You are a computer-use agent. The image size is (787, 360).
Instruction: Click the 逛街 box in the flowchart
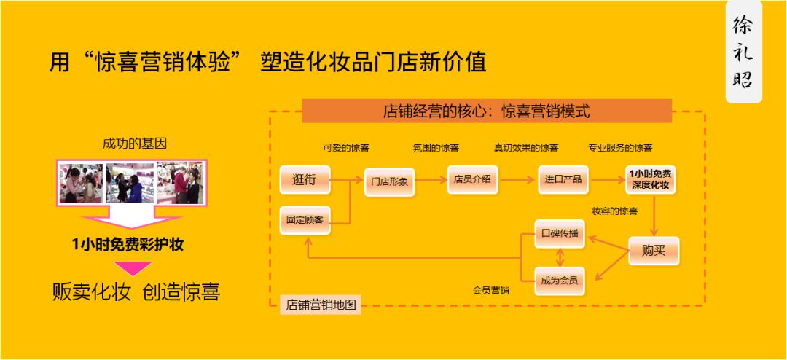[x=305, y=179]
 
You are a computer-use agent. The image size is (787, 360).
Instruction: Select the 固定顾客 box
[x=305, y=219]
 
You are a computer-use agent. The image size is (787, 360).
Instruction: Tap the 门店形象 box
[x=389, y=181]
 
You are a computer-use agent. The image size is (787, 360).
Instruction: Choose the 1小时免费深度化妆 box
[x=651, y=179]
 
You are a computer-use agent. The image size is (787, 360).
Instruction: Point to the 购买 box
[x=653, y=251]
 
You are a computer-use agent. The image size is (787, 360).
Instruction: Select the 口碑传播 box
[x=560, y=232]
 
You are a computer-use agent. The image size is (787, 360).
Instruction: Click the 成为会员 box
[x=560, y=281]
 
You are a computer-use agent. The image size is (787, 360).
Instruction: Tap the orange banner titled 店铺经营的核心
[x=486, y=111]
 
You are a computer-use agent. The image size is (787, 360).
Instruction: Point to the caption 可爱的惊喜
[x=346, y=147]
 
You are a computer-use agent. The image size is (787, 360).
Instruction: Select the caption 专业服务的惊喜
[x=620, y=147]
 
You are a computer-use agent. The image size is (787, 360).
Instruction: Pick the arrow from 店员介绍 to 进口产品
[x=519, y=179]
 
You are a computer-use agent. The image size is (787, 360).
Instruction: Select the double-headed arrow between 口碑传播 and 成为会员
[x=560, y=257]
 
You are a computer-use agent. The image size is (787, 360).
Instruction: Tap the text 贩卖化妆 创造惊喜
[x=136, y=292]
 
